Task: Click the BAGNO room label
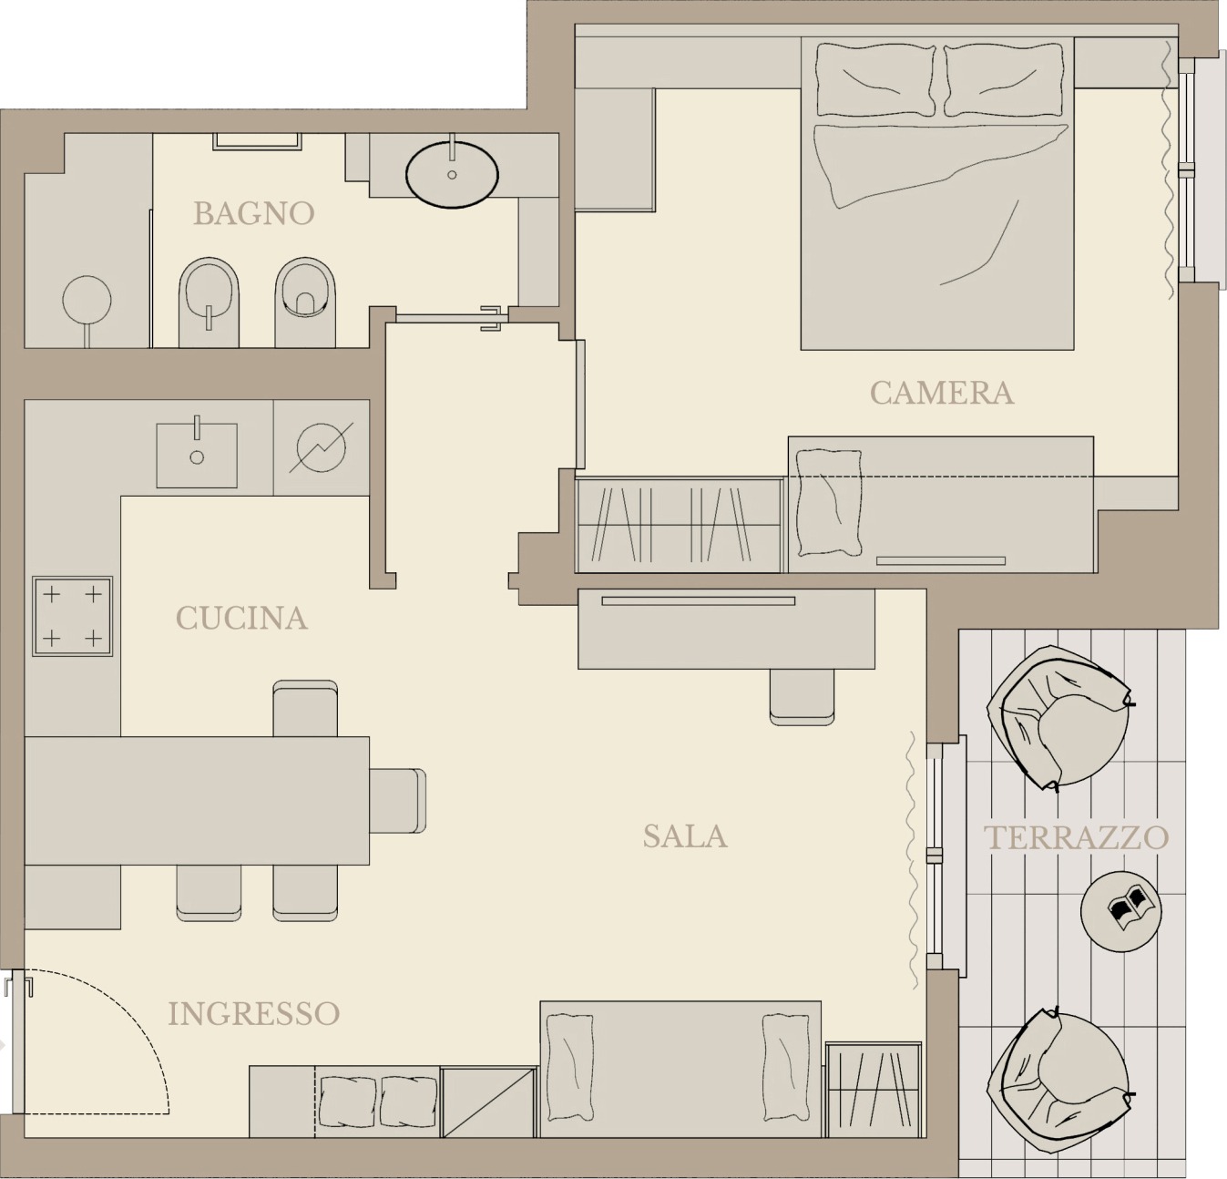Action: click(x=254, y=213)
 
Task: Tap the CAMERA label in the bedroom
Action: click(x=942, y=393)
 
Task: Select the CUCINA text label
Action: click(x=242, y=619)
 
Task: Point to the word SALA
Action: click(x=685, y=836)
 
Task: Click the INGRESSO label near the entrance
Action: click(x=253, y=1014)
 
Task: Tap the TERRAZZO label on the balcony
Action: click(x=1077, y=837)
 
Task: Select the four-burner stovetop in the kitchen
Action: click(x=73, y=616)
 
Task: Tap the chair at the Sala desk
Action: click(x=802, y=696)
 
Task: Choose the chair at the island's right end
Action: click(x=398, y=801)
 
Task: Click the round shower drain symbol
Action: click(x=87, y=301)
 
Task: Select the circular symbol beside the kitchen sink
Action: click(x=321, y=447)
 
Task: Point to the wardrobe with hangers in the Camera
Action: click(x=679, y=526)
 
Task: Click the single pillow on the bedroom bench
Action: click(x=829, y=503)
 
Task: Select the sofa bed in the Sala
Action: click(x=680, y=1069)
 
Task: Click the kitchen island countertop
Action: click(x=197, y=801)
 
